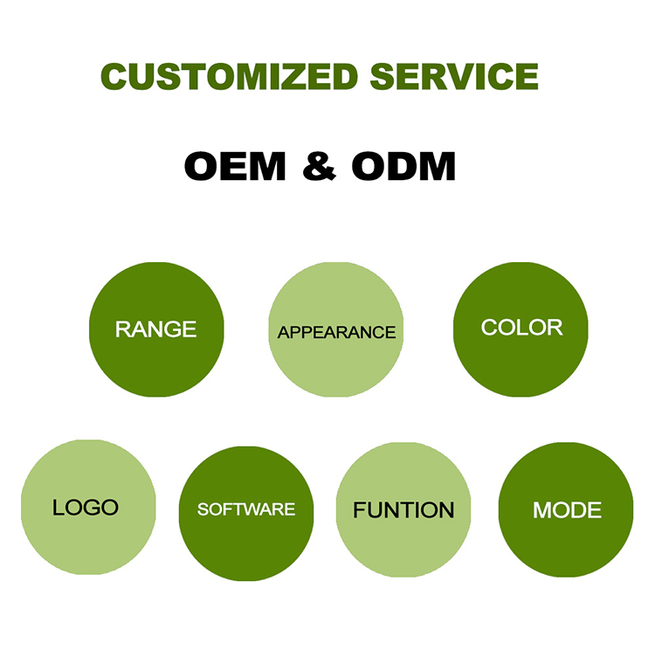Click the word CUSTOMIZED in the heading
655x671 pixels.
pyautogui.click(x=229, y=77)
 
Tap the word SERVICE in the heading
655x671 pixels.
pyautogui.click(x=454, y=77)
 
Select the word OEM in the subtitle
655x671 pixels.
pyautogui.click(x=235, y=166)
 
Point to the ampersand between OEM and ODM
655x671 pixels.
pyautogui.click(x=319, y=166)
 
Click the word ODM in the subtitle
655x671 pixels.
pyautogui.click(x=403, y=166)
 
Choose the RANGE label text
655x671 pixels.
pyautogui.click(x=155, y=329)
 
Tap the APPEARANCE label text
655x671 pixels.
pyautogui.click(x=337, y=333)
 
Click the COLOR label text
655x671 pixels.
pyautogui.click(x=521, y=328)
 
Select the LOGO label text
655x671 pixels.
pyautogui.click(x=85, y=508)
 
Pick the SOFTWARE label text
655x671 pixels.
pyautogui.click(x=246, y=509)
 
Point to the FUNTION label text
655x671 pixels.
pyautogui.click(x=403, y=510)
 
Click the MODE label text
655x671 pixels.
pyautogui.click(x=567, y=510)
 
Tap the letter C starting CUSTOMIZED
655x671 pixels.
pyautogui.click(x=114, y=77)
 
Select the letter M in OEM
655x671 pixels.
pyautogui.click(x=267, y=166)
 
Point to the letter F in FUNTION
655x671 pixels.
pyautogui.click(x=360, y=510)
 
